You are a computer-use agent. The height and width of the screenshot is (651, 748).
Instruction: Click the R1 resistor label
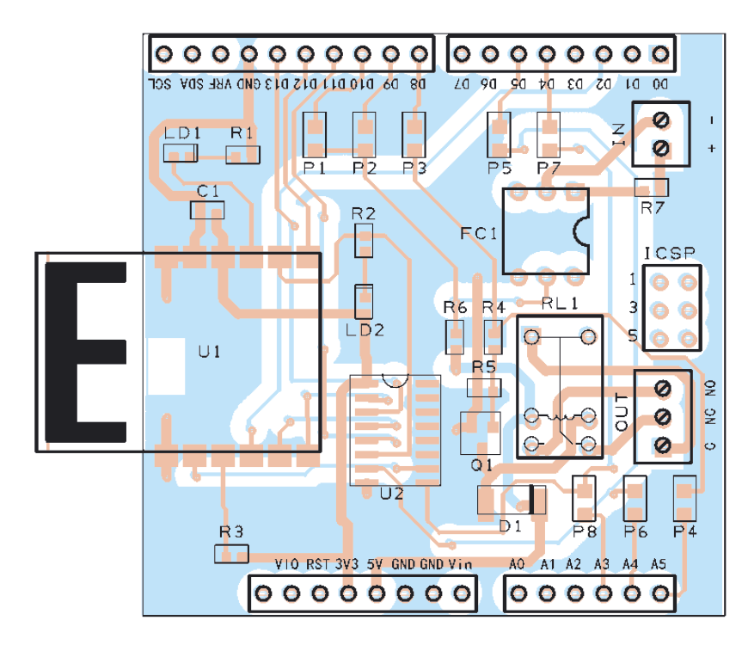pyautogui.click(x=242, y=132)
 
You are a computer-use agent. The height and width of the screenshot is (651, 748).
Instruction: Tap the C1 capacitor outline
pyautogui.click(x=207, y=211)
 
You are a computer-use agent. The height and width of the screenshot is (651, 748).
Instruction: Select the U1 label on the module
pyautogui.click(x=209, y=352)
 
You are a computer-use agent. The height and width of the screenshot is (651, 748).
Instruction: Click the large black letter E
pyautogui.click(x=86, y=353)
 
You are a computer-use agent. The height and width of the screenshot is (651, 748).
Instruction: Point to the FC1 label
pyautogui.click(x=479, y=233)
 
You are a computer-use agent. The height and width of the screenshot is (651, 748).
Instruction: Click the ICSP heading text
pyautogui.click(x=670, y=253)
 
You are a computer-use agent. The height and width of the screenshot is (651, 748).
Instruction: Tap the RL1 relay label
pyautogui.click(x=560, y=303)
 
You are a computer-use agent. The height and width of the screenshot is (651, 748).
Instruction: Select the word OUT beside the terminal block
pyautogui.click(x=622, y=411)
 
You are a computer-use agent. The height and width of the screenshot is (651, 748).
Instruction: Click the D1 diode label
pyautogui.click(x=510, y=526)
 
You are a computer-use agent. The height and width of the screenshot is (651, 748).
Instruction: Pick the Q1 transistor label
pyautogui.click(x=481, y=464)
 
